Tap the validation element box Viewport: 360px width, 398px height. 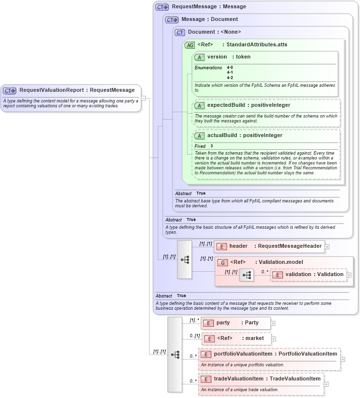point(309,275)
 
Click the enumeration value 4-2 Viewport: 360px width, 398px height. point(230,78)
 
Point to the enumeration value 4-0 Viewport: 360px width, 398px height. point(230,68)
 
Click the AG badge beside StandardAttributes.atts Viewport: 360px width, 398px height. point(189,45)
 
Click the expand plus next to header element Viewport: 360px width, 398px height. point(327,247)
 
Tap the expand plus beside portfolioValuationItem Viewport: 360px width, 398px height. point(343,359)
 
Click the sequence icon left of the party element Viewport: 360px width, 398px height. point(174,355)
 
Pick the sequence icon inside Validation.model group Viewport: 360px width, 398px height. point(246,275)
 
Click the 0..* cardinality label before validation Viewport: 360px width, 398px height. point(265,272)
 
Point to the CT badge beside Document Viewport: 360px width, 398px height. point(180,32)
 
